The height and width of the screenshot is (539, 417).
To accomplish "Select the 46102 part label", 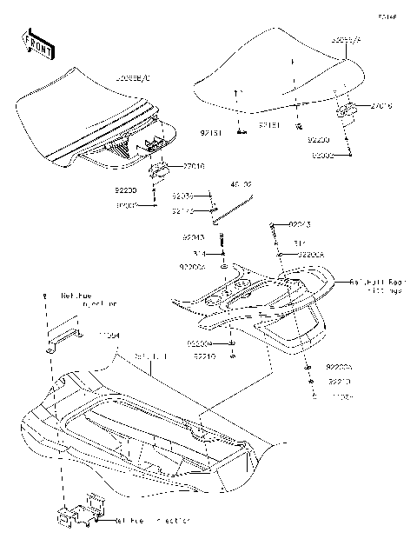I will coord(241,185).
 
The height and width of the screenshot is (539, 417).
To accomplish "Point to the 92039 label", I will coord(182,196).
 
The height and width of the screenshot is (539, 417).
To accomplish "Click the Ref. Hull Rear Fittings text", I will coord(375,288).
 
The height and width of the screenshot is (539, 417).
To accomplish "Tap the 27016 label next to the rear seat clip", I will coord(381,106).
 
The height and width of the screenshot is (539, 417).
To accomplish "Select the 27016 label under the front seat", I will coord(193,166).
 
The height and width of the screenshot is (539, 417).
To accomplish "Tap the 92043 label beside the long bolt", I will coord(193,236).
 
